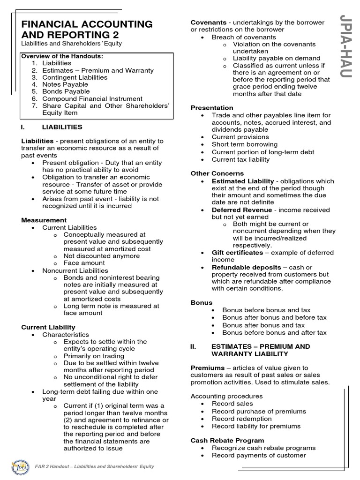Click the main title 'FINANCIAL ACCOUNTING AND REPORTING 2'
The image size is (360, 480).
(87, 30)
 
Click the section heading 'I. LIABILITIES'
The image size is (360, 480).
(52, 127)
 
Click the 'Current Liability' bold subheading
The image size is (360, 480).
(48, 327)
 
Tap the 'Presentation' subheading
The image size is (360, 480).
(212, 108)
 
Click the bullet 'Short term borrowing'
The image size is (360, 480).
(244, 144)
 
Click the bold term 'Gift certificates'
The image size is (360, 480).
(237, 253)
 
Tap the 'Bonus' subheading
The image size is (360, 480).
(201, 303)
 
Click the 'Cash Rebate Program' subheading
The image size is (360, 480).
(227, 441)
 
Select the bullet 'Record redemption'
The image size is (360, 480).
(241, 419)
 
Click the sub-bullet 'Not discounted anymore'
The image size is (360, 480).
(101, 256)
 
